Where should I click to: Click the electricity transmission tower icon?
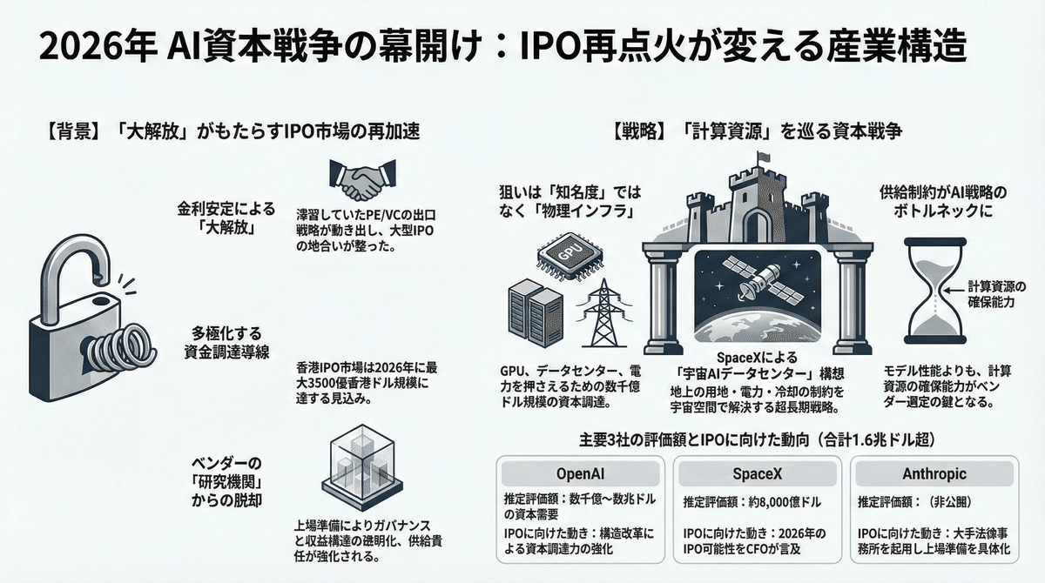pyautogui.click(x=600, y=312)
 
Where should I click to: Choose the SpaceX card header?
pyautogui.click(x=755, y=473)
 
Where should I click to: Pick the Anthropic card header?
pyautogui.click(x=934, y=473)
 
